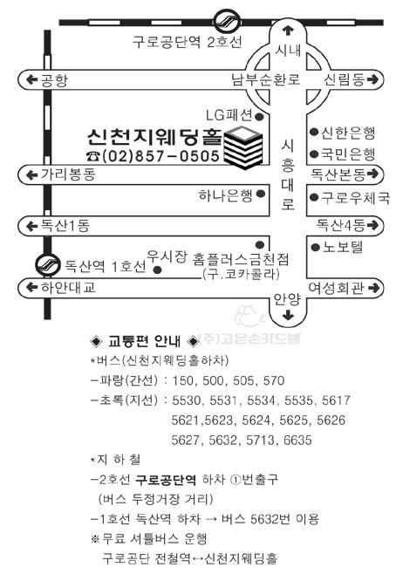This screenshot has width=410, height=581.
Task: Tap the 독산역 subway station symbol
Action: click(x=48, y=264)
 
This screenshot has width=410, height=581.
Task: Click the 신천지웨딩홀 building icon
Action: click(x=243, y=147)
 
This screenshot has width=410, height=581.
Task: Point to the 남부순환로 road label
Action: click(x=265, y=79)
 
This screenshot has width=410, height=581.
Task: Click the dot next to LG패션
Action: click(x=260, y=117)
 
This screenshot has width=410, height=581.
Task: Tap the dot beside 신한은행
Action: click(x=314, y=132)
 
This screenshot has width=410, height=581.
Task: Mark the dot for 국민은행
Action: click(x=314, y=154)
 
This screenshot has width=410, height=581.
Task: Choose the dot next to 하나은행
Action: click(x=260, y=194)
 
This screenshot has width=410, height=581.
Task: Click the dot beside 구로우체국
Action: click(x=314, y=197)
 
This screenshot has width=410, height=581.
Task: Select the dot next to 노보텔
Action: click(x=315, y=248)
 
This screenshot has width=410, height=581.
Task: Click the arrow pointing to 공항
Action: click(x=31, y=79)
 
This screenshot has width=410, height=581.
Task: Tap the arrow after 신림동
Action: click(x=373, y=79)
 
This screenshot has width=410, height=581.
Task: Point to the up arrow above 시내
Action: click(x=288, y=31)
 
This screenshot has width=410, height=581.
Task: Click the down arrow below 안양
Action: click(x=288, y=316)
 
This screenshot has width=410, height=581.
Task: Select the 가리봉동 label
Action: click(x=68, y=174)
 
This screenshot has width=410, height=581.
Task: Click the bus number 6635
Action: click(x=297, y=441)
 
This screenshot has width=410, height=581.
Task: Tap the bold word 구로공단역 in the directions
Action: click(x=165, y=480)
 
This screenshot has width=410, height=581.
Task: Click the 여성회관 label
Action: click(x=336, y=288)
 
